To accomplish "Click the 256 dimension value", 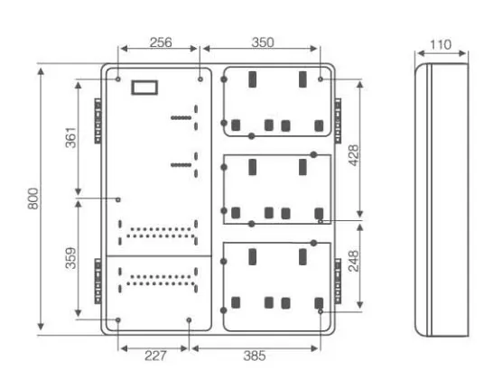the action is (161, 42).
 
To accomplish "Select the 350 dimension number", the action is (263, 42).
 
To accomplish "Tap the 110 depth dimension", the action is (441, 44).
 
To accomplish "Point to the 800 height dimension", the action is (33, 199).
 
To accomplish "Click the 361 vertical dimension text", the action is (70, 138).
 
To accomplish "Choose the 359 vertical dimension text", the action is (70, 258).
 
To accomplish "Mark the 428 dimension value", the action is (353, 155).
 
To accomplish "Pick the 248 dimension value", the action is (353, 261).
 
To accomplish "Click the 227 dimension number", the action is (155, 356).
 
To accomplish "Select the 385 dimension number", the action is (255, 356).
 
